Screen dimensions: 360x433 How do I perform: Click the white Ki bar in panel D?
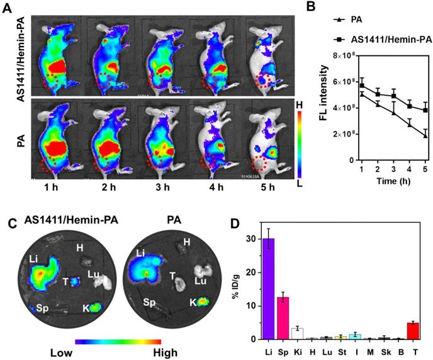[x=298, y=334]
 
